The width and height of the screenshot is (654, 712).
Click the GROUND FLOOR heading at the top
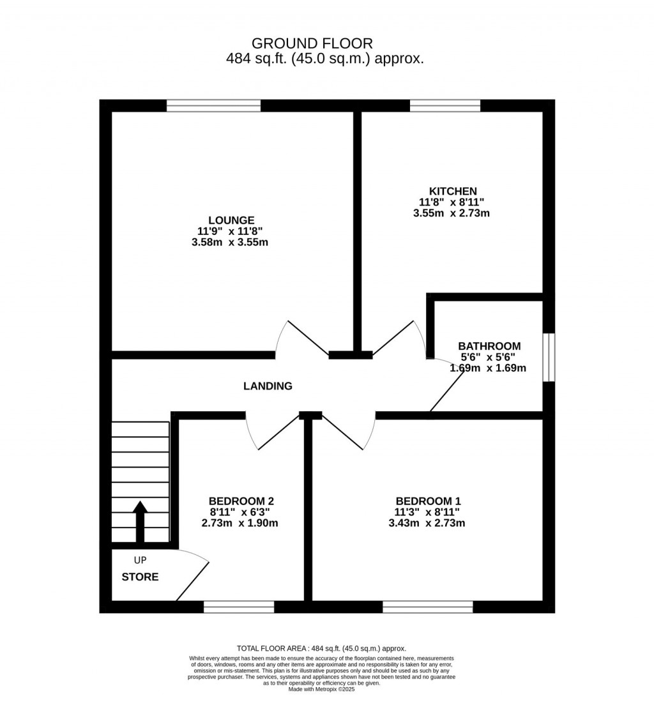pos(312,43)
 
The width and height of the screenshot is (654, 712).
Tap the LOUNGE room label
pos(231,220)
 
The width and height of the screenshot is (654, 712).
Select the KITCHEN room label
pos(453,191)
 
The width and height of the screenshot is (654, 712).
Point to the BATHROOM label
pos(489,347)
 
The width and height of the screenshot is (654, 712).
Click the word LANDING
pos(268,386)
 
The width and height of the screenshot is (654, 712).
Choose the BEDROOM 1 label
pos(429,501)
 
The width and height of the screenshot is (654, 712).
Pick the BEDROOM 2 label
pos(241,501)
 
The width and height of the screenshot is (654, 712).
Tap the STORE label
pos(140,577)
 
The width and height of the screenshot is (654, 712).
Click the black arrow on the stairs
pos(140,522)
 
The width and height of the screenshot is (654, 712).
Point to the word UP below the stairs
pos(140,560)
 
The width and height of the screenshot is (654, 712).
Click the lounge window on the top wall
pos(213,106)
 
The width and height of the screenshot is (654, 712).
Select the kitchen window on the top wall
pos(445,106)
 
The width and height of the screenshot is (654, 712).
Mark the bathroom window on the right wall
pos(549,358)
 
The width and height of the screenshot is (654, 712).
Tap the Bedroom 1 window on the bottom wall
pos(428,607)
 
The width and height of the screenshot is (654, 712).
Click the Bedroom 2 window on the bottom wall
pos(239,607)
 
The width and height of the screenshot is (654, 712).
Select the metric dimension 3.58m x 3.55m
pos(230,242)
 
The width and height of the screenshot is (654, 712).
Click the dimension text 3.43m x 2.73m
pos(427,523)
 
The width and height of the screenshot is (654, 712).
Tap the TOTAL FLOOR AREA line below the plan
pos(321,648)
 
